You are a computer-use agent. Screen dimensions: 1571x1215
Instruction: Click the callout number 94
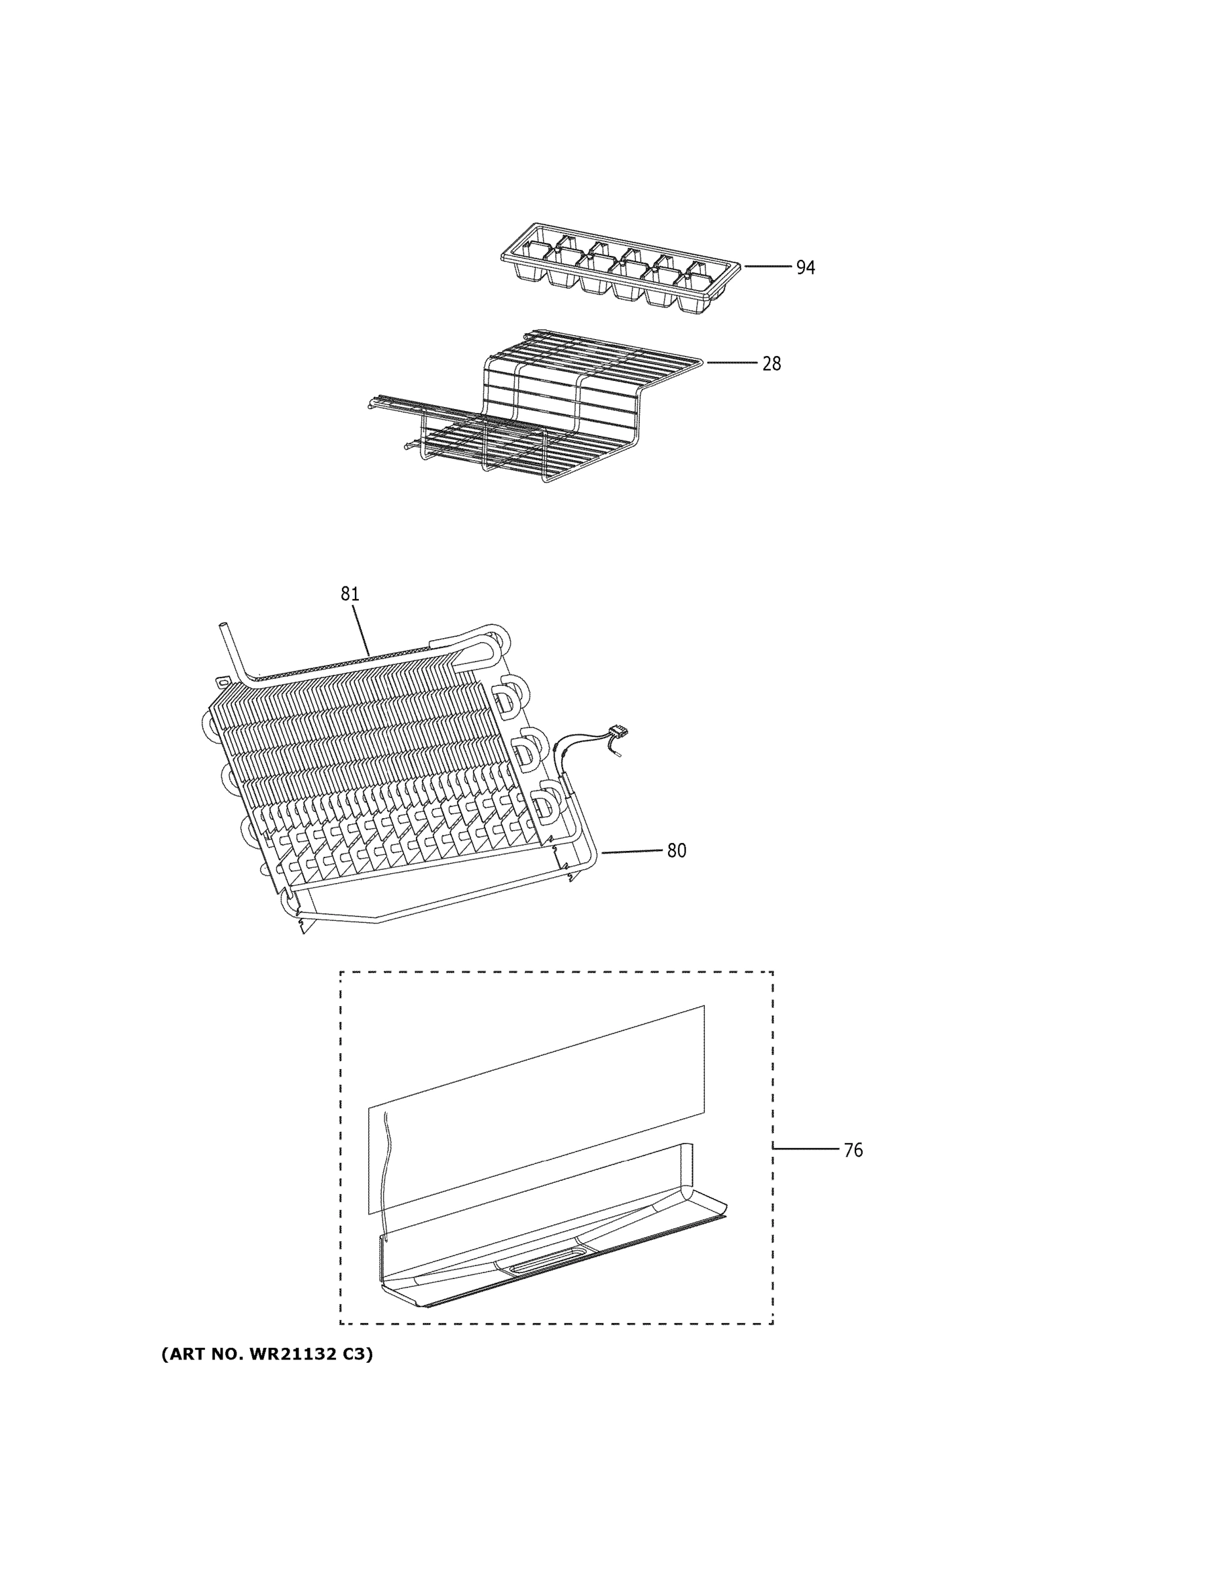(x=805, y=268)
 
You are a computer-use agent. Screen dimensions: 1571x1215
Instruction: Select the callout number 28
(x=771, y=364)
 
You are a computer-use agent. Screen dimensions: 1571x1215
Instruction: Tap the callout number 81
(x=350, y=594)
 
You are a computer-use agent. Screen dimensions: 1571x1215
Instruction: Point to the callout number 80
(x=676, y=850)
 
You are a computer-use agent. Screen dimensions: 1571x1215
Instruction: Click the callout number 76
(x=852, y=1150)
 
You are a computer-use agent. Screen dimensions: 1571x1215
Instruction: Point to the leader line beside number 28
(x=732, y=363)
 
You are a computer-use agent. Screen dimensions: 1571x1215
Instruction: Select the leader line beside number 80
(x=632, y=851)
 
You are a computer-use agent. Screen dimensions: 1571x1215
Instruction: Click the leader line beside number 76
(x=806, y=1149)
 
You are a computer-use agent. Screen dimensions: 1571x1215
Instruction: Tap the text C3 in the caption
(x=356, y=1354)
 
